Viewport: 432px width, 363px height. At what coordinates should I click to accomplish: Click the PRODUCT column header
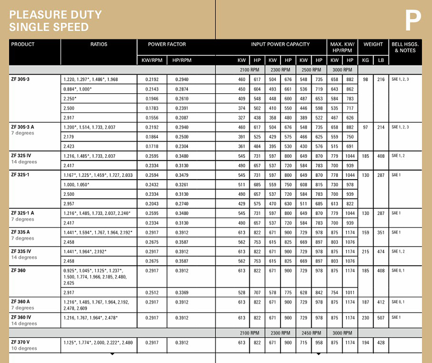point(23,45)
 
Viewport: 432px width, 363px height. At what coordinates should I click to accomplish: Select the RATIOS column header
point(99,45)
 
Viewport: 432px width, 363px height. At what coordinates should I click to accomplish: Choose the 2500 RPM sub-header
point(311,69)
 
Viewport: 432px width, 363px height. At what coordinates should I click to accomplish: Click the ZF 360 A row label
point(21,302)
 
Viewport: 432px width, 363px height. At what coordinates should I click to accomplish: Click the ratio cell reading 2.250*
point(70,99)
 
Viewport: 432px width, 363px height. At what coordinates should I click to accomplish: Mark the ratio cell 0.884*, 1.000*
point(77,89)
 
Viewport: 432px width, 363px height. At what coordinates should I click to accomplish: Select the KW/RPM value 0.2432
point(151,185)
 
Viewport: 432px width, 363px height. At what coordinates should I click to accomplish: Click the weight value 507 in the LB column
point(380,318)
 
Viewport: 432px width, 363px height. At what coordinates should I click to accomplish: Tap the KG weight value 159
point(365,232)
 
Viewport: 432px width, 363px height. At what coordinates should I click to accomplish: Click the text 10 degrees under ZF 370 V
point(24,348)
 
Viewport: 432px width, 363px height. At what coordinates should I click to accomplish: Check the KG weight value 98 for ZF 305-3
point(365,79)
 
